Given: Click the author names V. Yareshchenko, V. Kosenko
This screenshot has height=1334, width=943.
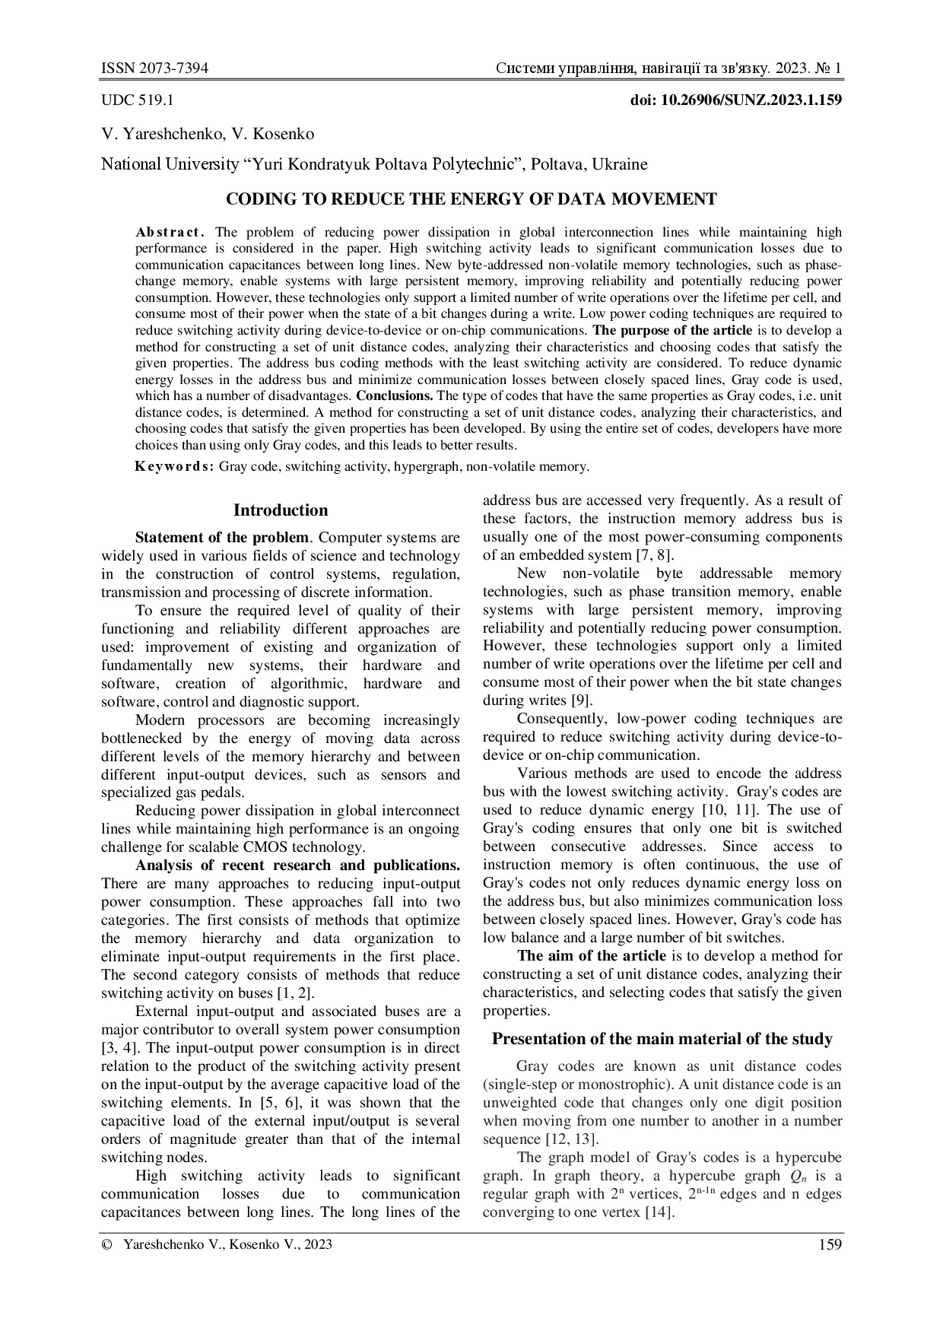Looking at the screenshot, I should pyautogui.click(x=208, y=135).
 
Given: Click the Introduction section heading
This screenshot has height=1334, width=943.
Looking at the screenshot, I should pyautogui.click(x=281, y=510).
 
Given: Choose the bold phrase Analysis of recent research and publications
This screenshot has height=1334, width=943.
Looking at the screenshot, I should pyautogui.click(x=297, y=866).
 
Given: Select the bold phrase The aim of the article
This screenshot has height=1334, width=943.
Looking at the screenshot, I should pyautogui.click(x=591, y=956).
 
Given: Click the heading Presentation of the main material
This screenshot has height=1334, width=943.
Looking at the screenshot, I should pyautogui.click(x=662, y=1039).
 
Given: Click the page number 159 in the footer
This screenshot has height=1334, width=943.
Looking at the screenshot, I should pyautogui.click(x=830, y=1244).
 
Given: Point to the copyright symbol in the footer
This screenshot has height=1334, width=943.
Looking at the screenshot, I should pyautogui.click(x=106, y=1245).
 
